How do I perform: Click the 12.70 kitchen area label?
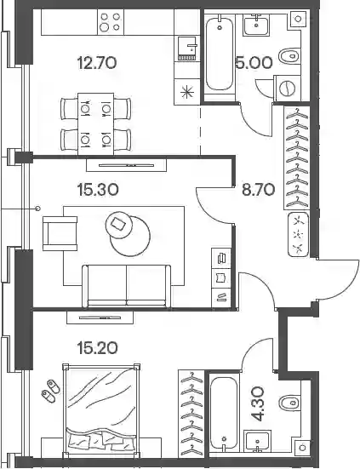click(x=96, y=63)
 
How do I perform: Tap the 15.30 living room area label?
click(x=98, y=190)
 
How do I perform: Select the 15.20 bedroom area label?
click(x=97, y=348)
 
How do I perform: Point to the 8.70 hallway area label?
click(x=258, y=190)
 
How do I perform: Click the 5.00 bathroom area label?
click(x=254, y=63)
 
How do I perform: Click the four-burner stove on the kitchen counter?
click(x=111, y=23)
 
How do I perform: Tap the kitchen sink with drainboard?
click(x=187, y=49)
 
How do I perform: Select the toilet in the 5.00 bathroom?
click(x=289, y=56)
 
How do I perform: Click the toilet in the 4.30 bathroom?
click(x=290, y=402)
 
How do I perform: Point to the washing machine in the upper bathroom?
click(x=288, y=88)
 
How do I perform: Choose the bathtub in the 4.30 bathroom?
click(x=224, y=413)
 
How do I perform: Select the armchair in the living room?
click(x=60, y=233)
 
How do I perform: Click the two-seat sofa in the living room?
click(x=127, y=286)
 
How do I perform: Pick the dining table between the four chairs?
click(x=95, y=123)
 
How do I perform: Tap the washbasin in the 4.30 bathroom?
click(x=257, y=441)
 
